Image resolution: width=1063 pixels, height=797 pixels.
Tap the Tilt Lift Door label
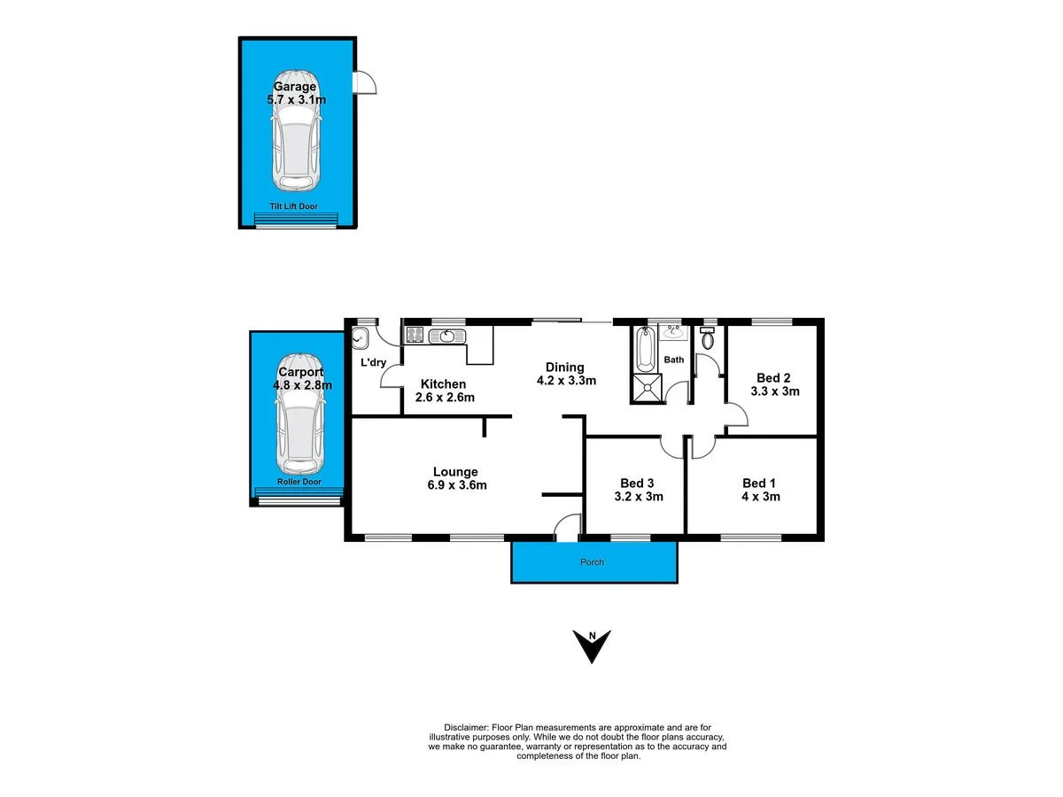[x=293, y=206]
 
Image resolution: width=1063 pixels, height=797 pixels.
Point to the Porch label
[x=592, y=562]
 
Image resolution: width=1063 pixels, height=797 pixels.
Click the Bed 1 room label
[x=759, y=483]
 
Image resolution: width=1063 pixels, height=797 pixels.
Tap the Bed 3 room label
[x=637, y=483]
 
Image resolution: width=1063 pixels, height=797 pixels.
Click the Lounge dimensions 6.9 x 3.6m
[x=455, y=485]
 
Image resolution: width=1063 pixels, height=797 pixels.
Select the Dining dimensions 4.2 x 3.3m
[x=564, y=381]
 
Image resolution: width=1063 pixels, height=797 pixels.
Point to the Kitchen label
[x=443, y=383]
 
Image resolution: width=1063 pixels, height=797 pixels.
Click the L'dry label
[x=372, y=362]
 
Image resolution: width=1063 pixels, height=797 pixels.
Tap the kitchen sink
[x=446, y=336]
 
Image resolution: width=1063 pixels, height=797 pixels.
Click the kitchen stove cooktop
[x=414, y=336]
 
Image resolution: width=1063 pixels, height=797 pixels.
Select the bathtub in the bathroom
[x=644, y=351]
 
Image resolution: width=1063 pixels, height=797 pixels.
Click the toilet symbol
[x=707, y=339]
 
